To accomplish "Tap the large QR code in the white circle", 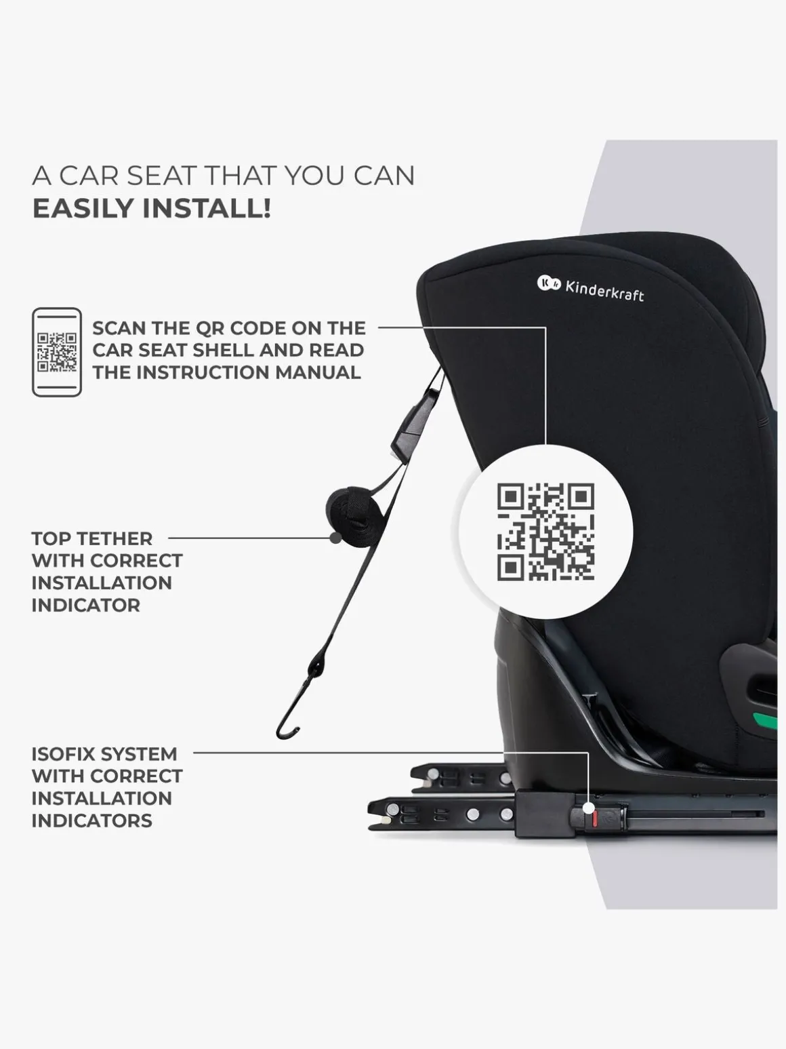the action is point(546,532).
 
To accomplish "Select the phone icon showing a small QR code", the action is point(57,352).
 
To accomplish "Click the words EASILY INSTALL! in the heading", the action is point(152,208).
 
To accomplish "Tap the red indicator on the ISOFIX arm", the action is point(595,821).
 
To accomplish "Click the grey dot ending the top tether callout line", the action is point(335,538).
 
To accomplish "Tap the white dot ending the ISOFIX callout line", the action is point(589,808).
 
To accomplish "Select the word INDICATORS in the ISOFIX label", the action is point(91,820).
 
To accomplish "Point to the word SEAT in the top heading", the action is point(155,176).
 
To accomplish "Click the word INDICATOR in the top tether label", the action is point(86,606).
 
